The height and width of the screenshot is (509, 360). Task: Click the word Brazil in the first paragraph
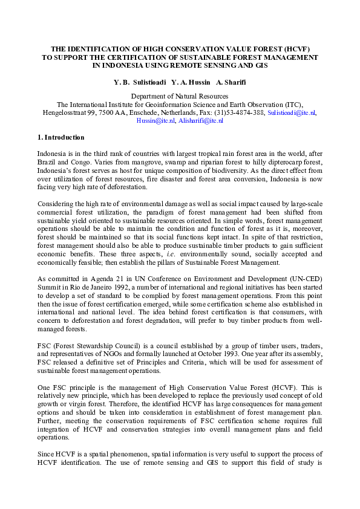coord(47,163)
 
